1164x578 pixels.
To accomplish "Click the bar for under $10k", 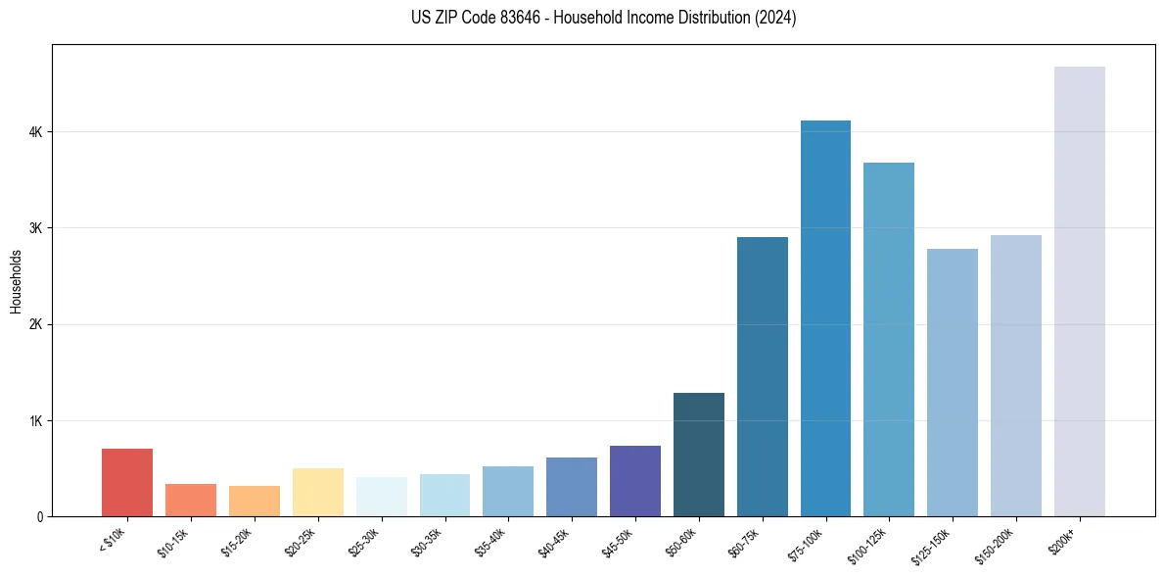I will pos(127,482).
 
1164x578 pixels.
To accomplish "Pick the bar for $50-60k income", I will pos(699,455).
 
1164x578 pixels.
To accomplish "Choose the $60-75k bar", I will pos(762,376).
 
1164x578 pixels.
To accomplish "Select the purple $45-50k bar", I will pos(635,481).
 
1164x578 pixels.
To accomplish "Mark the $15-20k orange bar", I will pos(255,501).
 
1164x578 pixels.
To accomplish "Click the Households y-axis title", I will pos(16,281).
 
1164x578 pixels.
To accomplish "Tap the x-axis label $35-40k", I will pos(490,541).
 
